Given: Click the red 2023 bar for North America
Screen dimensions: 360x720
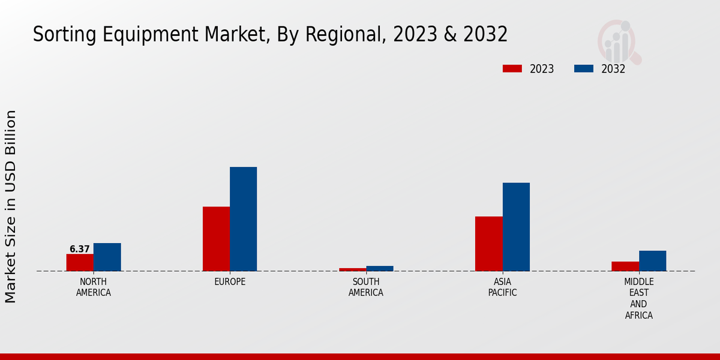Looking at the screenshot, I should point(80,262).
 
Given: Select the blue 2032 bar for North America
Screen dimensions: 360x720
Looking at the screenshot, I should point(107,257).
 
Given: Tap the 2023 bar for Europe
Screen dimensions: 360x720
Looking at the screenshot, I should point(216,239).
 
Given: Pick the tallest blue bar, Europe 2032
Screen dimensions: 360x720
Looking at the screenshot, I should point(243,219).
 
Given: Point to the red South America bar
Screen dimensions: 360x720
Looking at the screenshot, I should point(352,269).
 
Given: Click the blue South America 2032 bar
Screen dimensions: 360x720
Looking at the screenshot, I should point(380,268).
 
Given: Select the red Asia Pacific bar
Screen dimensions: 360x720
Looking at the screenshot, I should point(488,244).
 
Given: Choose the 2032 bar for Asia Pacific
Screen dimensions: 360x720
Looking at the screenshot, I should point(516,227).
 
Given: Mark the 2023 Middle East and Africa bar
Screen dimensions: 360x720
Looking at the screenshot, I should point(625,266).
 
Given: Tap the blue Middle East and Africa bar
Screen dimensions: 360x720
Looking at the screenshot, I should point(652,260).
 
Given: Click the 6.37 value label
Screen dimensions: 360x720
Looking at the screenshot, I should point(80,249).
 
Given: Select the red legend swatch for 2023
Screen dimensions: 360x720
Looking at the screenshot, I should point(512,68).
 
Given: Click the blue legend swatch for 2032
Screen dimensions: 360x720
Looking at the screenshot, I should point(583,68).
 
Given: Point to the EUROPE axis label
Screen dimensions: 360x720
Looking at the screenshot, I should point(230,281).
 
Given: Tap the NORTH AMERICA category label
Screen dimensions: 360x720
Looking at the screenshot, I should point(94,287).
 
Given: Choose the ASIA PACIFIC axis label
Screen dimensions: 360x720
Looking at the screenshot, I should point(502,287).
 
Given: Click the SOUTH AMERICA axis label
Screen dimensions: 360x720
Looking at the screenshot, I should point(366,287).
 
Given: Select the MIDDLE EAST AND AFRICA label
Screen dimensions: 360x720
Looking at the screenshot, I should point(638,298).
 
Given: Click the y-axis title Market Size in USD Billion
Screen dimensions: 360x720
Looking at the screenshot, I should point(11,206).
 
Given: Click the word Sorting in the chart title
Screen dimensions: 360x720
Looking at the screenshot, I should point(60,35).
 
